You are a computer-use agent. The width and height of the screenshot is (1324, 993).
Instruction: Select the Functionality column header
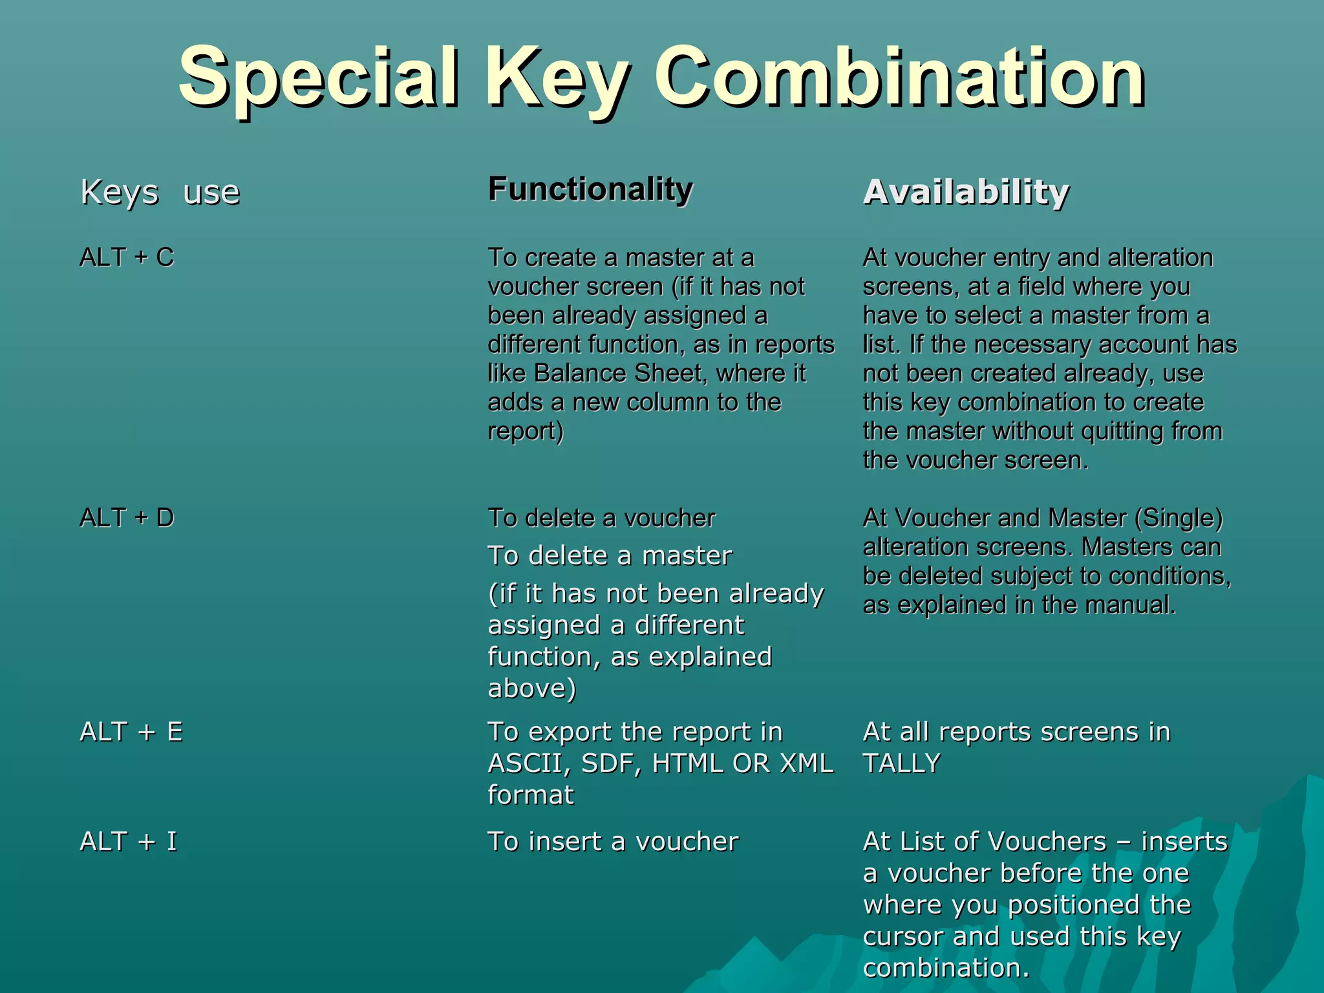point(590,189)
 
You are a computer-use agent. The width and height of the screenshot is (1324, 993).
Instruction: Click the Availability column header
point(966,192)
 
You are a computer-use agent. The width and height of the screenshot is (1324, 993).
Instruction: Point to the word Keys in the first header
point(120,192)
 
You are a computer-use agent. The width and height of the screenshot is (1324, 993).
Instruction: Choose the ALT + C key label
point(127,257)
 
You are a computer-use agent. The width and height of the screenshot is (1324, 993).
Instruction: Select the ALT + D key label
point(127,518)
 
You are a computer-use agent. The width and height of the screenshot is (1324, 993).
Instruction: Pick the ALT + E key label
point(131,732)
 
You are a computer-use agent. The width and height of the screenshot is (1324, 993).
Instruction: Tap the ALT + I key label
point(128,842)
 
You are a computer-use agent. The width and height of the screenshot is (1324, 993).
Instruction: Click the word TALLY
point(901,763)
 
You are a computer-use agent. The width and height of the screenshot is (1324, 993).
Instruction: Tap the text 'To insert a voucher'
point(613,842)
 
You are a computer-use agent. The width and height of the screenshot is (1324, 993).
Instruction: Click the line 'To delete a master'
point(610,555)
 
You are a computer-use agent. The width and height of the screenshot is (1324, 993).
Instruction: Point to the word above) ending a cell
point(531,689)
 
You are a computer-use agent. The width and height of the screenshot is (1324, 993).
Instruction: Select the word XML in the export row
point(806,763)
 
